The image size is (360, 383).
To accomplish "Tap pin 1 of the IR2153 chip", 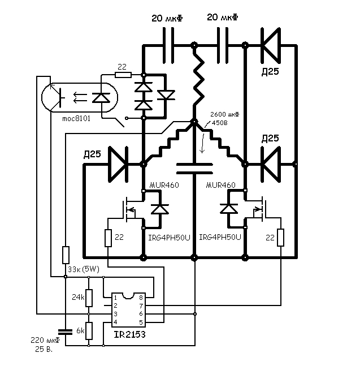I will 115,297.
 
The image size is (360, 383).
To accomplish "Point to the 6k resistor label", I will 80,330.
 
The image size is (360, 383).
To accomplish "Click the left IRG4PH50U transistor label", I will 170,237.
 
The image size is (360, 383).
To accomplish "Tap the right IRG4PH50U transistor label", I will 220,237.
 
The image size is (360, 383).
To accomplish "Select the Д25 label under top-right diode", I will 270,72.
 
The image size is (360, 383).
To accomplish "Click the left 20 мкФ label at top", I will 168,18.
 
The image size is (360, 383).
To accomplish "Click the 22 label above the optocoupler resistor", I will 122,66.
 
